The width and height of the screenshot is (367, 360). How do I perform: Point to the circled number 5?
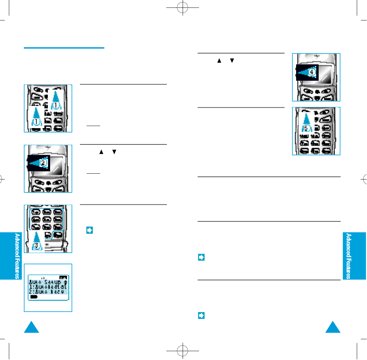coord(306,128)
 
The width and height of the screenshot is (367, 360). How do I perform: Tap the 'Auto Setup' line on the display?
coord(48,282)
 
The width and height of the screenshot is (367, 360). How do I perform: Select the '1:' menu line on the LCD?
coord(48,287)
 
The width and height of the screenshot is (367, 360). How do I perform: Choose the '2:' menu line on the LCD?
coord(48,292)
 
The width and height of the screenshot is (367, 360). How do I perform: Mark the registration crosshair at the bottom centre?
coord(183,350)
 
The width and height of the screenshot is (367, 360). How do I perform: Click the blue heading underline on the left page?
coord(64,48)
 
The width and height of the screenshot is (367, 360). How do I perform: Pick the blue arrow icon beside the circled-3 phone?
coord(90,230)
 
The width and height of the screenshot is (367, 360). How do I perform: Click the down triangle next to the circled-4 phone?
coord(232,61)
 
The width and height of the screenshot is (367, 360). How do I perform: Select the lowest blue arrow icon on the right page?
coord(201,316)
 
